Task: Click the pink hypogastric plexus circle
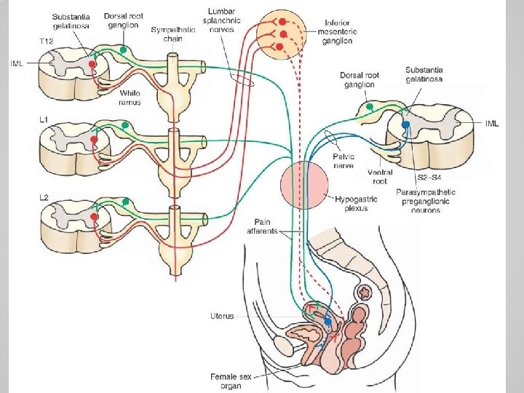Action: (304, 183)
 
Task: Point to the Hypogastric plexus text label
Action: (352, 203)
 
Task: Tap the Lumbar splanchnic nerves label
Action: (226, 20)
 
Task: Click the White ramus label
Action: (130, 98)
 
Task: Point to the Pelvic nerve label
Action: (344, 161)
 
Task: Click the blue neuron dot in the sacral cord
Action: (406, 124)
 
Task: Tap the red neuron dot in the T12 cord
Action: (93, 64)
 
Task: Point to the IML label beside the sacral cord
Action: (492, 124)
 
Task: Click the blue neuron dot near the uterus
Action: (327, 321)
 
